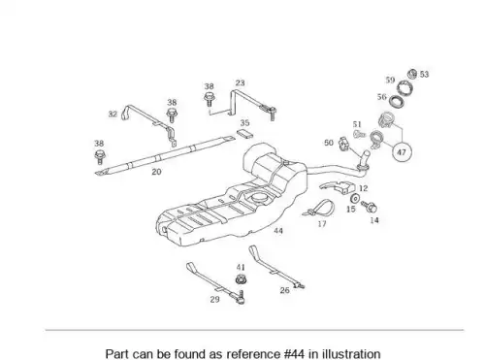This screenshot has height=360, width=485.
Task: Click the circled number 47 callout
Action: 402,151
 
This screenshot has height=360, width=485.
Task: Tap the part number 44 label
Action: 278,231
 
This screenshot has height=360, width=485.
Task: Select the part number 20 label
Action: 156,172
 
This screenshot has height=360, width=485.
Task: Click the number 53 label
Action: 424,74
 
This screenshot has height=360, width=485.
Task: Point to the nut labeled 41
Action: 240,279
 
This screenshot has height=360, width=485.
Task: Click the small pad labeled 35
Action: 244,133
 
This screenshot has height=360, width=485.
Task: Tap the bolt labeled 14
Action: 370,207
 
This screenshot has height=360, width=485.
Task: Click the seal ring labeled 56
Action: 397,102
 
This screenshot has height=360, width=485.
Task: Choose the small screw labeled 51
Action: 359,133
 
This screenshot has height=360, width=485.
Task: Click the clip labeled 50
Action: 343,144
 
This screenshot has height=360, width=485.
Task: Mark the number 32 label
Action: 113,114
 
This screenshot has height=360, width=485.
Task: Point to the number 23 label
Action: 240,82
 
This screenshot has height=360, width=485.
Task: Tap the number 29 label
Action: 214,299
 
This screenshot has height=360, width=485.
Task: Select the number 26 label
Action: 284,290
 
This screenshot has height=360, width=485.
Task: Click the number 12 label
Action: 363,188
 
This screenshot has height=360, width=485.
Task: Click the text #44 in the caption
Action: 294,354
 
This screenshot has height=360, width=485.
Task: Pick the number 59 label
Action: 390,80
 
